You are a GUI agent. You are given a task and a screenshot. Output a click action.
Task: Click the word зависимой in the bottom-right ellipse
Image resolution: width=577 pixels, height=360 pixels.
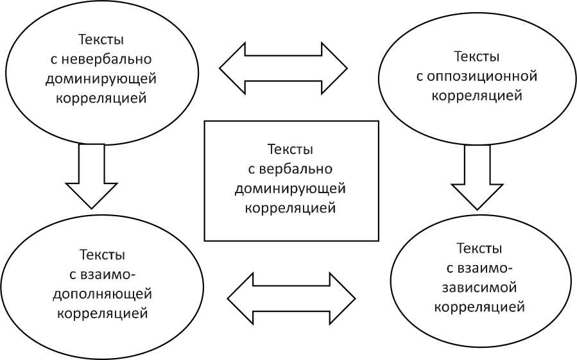click(x=480, y=287)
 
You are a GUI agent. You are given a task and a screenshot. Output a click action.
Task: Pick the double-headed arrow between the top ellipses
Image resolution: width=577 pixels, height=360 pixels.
click(x=283, y=68)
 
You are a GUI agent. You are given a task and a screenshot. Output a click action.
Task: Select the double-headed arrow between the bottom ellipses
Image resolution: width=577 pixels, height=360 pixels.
click(x=291, y=298)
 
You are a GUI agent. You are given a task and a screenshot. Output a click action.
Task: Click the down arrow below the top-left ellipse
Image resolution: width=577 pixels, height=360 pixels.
click(x=92, y=176)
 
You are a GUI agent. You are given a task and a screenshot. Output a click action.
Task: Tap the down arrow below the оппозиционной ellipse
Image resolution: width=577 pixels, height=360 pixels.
click(x=477, y=177)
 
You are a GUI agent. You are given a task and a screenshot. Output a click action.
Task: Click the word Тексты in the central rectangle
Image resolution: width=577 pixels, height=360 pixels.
click(x=290, y=150)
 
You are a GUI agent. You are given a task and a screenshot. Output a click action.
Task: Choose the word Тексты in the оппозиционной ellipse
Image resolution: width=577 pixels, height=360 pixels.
click(x=477, y=57)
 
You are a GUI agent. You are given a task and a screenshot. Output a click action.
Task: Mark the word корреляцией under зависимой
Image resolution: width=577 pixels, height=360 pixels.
click(x=480, y=306)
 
